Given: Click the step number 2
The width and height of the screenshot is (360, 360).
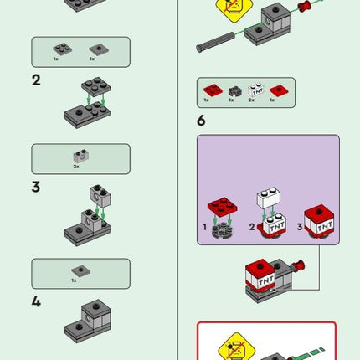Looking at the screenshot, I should pos(36,80).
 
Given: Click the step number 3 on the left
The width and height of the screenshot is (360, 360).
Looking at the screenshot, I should pos(36,187).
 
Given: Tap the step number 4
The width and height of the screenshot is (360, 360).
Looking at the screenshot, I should pos(36,301).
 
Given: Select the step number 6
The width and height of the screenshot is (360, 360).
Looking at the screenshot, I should pos(201,121).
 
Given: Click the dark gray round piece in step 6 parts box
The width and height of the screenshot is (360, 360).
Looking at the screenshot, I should pos(234,90).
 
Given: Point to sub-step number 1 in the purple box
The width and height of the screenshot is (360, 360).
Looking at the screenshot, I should pos(203,226).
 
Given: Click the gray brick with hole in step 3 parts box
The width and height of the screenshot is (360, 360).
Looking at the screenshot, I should pos(80,155).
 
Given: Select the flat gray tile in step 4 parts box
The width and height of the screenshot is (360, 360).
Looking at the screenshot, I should pos(80,270).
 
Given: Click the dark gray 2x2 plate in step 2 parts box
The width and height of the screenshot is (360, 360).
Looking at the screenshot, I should pos(62,49).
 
